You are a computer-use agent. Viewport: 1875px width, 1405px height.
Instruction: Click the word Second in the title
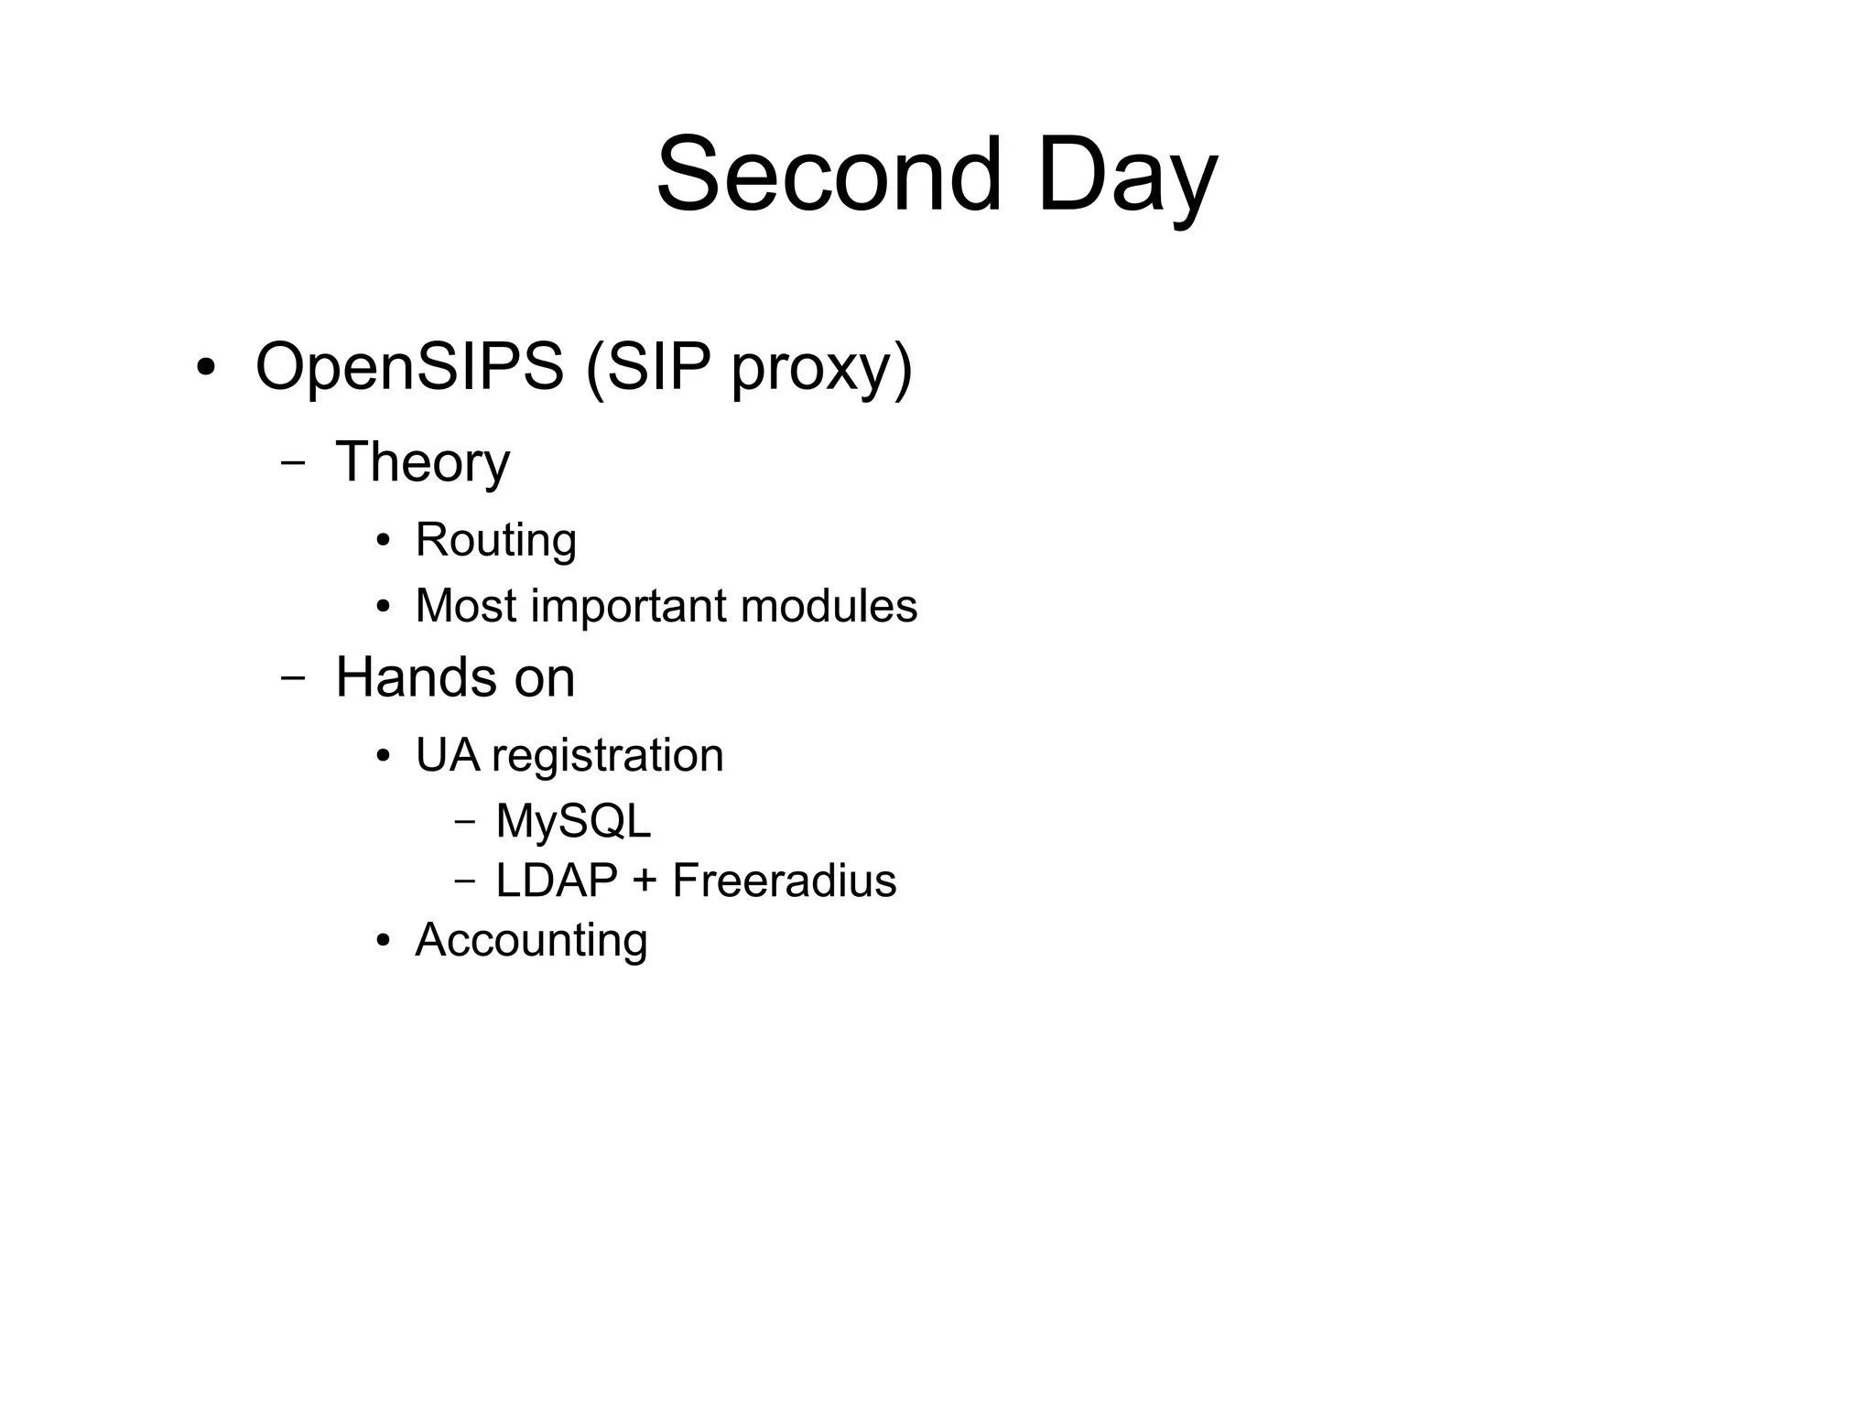(829, 174)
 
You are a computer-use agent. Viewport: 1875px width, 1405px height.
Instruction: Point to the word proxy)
(821, 371)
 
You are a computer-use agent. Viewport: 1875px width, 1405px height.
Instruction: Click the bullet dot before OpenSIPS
(206, 368)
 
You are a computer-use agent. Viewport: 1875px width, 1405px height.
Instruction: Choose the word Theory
(422, 462)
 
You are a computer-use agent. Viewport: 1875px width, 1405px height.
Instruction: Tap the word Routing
(495, 539)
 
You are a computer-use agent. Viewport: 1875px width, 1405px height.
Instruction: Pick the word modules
(829, 606)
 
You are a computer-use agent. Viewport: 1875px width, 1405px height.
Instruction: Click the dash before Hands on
(293, 677)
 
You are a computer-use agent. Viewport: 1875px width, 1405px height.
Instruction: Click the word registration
(607, 756)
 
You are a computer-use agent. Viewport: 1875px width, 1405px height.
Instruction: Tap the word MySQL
(573, 821)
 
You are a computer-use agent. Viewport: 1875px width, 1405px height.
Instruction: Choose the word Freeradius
(784, 881)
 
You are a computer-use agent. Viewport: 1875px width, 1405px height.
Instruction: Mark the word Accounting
(531, 940)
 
